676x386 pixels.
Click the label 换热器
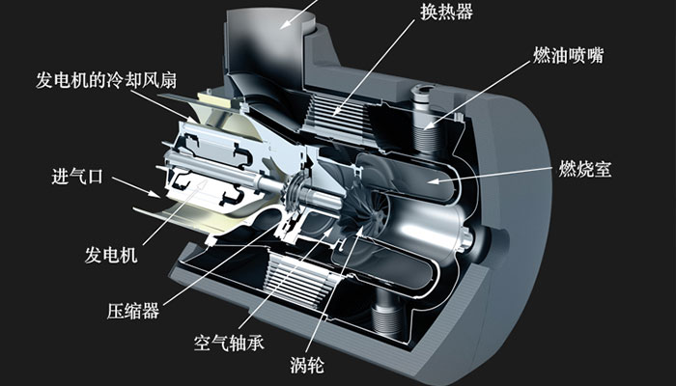click(x=446, y=12)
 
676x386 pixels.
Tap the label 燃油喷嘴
click(x=568, y=56)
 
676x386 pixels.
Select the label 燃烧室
click(x=585, y=169)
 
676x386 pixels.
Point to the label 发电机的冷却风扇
click(x=106, y=80)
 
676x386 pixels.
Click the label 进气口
click(x=77, y=177)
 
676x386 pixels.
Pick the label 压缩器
click(x=133, y=311)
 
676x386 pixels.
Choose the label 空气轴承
click(x=229, y=343)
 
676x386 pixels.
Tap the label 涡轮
click(x=307, y=366)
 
